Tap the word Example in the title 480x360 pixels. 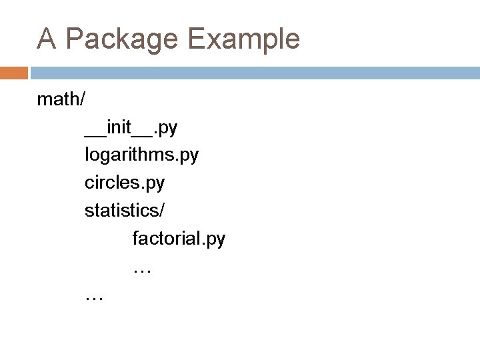point(243,39)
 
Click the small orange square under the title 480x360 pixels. point(14,72)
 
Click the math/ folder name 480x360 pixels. point(61,99)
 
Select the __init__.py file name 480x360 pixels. point(131,127)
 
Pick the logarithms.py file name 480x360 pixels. point(141,155)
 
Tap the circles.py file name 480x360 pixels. point(125,182)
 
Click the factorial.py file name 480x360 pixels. point(179,237)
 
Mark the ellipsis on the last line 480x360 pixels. point(94,297)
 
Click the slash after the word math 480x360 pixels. point(82,99)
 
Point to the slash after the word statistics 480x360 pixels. point(162,209)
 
